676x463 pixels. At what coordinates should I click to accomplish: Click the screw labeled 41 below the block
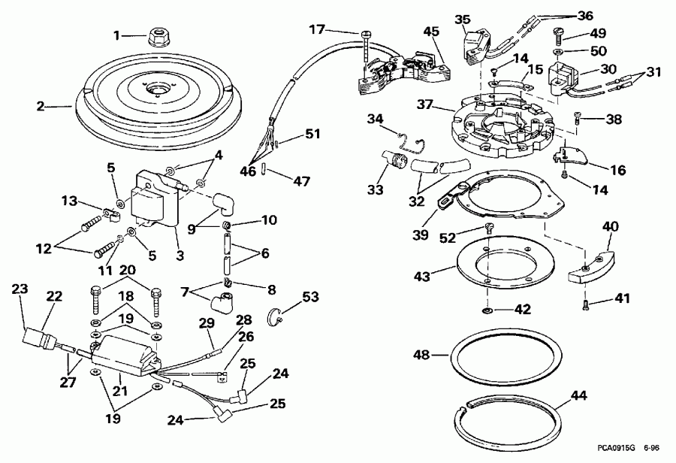tap(585, 303)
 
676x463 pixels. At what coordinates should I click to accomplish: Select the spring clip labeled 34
tap(410, 138)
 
